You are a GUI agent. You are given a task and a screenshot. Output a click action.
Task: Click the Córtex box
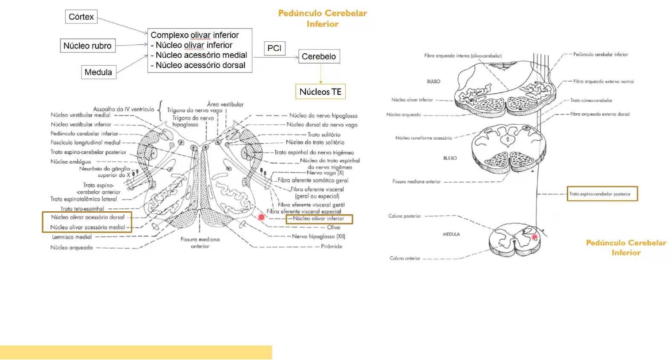click(81, 17)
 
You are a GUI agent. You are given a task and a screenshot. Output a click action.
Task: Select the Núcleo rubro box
click(87, 46)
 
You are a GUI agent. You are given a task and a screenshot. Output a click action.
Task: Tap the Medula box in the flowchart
click(98, 72)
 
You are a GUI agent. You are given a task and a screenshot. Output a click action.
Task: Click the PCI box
click(274, 48)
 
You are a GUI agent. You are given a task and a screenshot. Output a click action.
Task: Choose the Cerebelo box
click(319, 56)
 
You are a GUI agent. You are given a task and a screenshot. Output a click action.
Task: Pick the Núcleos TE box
click(321, 92)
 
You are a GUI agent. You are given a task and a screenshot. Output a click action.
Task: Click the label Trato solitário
click(324, 135)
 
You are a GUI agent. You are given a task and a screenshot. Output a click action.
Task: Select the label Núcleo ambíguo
click(71, 162)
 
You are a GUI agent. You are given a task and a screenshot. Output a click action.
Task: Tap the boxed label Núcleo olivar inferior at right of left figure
click(319, 219)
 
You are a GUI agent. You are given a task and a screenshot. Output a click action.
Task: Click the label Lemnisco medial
click(72, 237)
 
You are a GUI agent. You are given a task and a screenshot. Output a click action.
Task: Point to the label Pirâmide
click(331, 246)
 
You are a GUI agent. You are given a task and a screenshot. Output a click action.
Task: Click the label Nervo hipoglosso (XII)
click(318, 236)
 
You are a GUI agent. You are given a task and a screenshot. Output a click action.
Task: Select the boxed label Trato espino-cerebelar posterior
click(602, 194)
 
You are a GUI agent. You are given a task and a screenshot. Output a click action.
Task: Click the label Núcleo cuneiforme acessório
click(423, 138)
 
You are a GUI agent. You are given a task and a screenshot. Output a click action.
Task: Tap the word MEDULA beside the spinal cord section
click(451, 234)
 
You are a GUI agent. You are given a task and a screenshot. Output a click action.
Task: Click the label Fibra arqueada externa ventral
click(603, 81)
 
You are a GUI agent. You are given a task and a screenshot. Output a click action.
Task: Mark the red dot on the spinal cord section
click(534, 238)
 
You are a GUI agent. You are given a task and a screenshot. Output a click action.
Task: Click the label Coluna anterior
click(405, 258)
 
